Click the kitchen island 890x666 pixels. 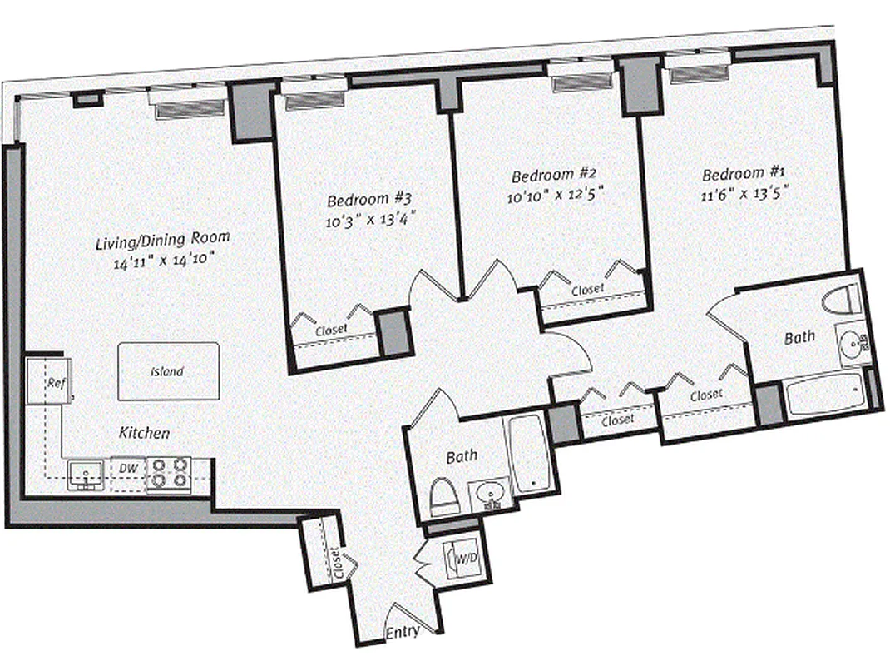168,371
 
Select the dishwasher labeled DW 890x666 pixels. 127,469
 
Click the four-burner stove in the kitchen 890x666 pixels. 169,473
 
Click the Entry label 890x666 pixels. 402,633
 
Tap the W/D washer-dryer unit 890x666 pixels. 462,559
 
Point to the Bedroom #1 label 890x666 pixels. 744,174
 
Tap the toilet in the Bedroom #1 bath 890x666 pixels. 840,299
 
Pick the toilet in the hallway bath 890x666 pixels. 444,497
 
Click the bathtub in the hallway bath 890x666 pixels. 527,454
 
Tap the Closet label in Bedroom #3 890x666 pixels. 331,331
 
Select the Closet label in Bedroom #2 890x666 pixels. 587,290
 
